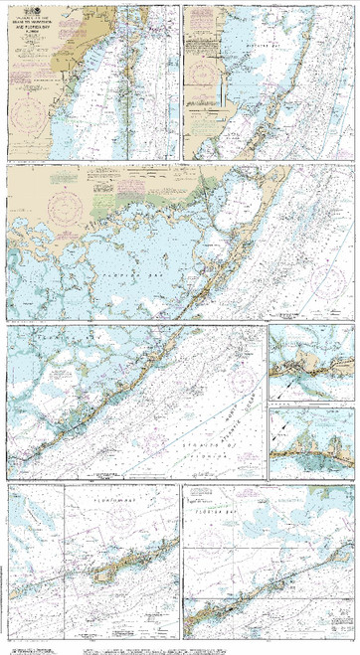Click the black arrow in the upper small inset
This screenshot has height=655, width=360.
point(288,380)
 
